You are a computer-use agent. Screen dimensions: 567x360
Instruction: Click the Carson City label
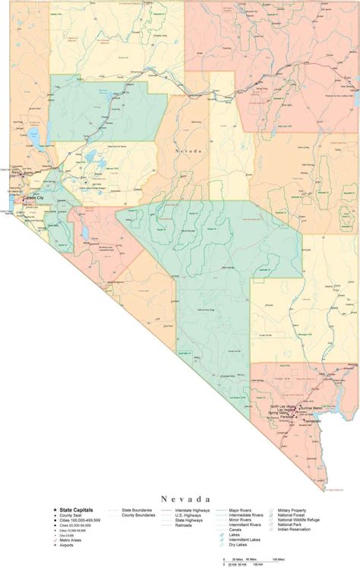35,199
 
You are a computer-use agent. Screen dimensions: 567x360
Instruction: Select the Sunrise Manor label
312,408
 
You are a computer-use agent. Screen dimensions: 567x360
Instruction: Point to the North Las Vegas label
282,407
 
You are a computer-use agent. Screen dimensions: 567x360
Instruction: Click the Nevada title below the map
180,499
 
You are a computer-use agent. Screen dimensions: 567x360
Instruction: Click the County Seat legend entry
73,516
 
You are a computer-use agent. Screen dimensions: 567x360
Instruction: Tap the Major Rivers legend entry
242,511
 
